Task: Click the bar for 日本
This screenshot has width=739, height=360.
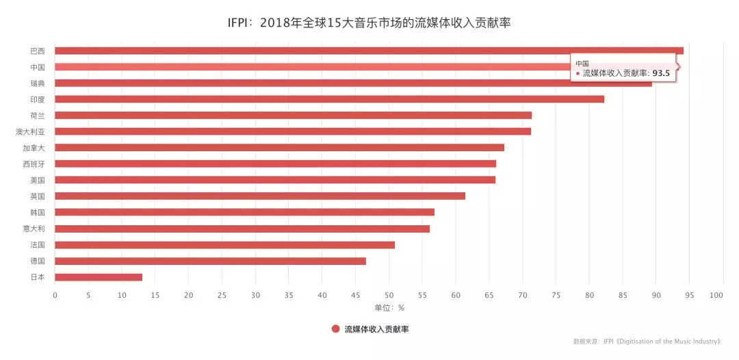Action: pos(99,277)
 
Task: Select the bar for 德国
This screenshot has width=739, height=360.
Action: pos(210,261)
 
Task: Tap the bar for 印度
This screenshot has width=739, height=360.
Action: pos(329,99)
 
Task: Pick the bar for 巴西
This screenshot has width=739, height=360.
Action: pos(369,51)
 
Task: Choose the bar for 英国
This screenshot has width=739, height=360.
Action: pos(260,196)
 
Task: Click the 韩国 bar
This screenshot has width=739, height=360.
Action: pos(244,212)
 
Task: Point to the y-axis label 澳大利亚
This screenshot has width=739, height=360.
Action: pos(30,131)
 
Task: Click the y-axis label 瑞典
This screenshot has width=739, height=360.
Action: pos(38,83)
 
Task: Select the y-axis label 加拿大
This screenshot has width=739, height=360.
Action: pos(34,148)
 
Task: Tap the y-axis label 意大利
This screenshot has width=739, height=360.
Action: pos(34,229)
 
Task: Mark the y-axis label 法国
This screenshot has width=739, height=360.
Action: pos(38,245)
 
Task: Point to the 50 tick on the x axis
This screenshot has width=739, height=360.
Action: pos(389,296)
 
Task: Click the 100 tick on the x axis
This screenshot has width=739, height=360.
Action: pos(716,296)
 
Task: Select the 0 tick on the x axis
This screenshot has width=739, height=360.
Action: pos(55,296)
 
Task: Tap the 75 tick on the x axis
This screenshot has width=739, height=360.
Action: pos(556,296)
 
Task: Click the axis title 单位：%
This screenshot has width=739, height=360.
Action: pos(389,308)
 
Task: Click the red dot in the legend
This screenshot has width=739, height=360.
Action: pos(336,329)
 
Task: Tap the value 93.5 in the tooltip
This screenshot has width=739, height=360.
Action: pos(661,73)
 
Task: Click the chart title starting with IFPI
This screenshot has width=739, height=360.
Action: pos(369,23)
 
